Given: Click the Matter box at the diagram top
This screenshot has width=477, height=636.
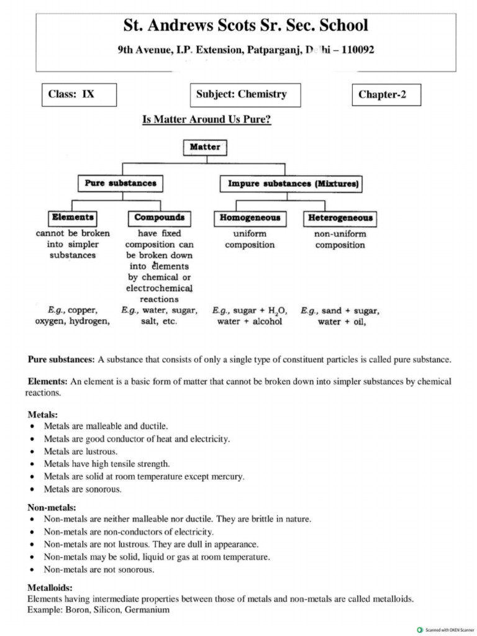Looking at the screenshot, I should (x=204, y=147).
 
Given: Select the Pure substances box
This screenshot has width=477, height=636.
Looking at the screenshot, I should (x=120, y=184).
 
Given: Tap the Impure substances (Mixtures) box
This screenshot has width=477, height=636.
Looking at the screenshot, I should (x=292, y=184).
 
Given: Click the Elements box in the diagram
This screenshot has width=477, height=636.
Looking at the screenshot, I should (x=73, y=218).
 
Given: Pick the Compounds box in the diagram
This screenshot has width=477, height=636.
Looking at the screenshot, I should (x=159, y=218).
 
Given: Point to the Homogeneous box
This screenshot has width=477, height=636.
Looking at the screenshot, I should (x=250, y=218).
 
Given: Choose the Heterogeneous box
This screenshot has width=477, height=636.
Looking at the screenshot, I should (x=340, y=218).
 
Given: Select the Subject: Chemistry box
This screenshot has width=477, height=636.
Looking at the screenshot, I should (x=245, y=95).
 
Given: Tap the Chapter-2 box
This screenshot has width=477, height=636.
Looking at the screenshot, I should (x=386, y=95).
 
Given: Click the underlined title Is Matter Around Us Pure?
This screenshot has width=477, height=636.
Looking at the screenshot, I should (x=207, y=119).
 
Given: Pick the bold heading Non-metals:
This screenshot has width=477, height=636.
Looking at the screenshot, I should (x=52, y=507).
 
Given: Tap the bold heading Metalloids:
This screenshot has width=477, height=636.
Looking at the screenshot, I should (x=50, y=588).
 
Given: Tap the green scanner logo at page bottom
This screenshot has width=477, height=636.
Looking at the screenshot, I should (x=420, y=629).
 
